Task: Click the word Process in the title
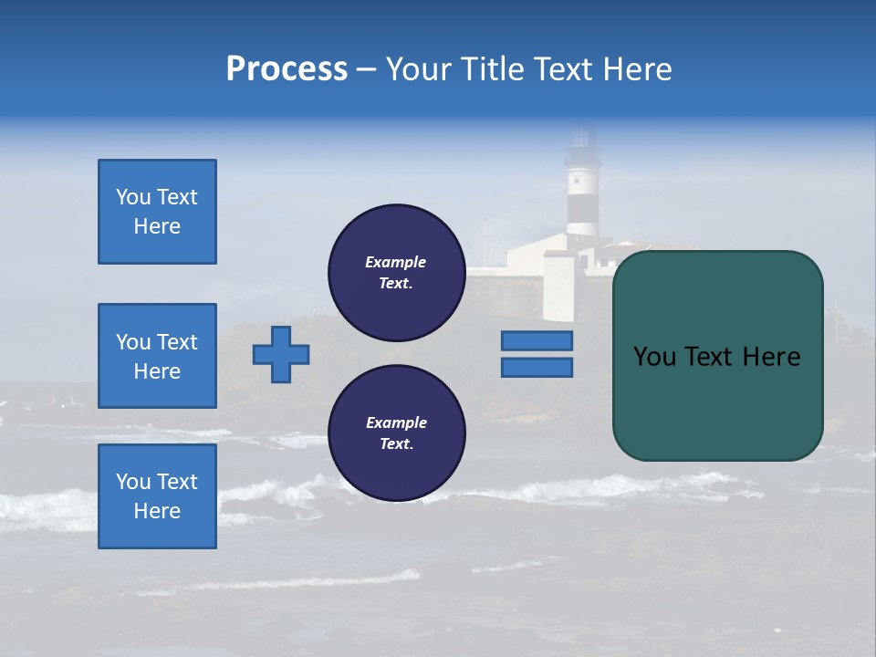pos(287,69)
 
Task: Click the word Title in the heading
pos(493,69)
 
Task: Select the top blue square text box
pos(157,212)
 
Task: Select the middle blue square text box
pos(157,356)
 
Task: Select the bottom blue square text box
pos(157,496)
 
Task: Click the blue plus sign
pos(281,354)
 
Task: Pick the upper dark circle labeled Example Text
pos(396,272)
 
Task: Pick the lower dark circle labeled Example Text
pos(396,433)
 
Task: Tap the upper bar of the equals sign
pos(537,340)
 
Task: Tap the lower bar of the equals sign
pos(537,368)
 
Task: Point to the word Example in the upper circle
pos(396,262)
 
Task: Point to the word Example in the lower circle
pos(396,422)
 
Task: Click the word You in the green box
pos(653,357)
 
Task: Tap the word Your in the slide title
pos(417,69)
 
